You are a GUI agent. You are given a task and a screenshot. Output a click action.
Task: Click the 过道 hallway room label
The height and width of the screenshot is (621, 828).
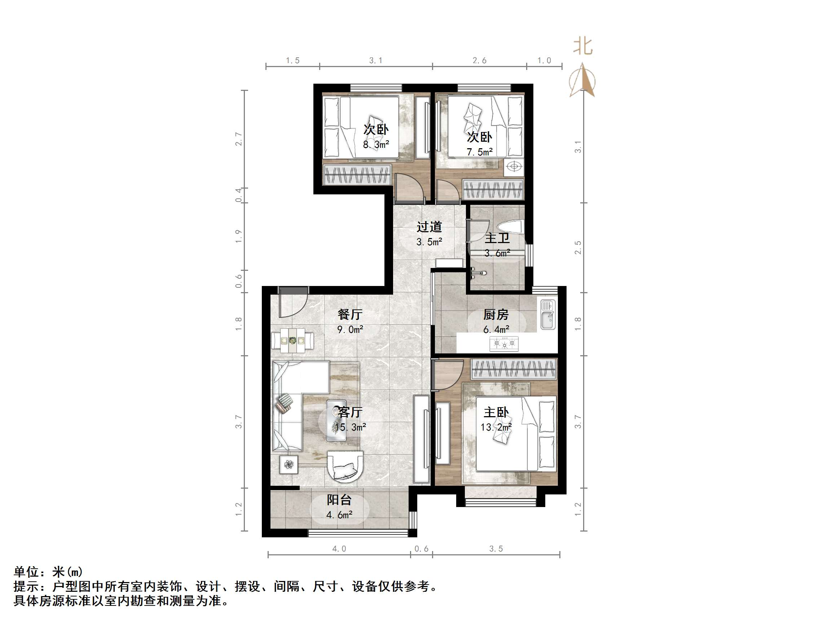(429, 227)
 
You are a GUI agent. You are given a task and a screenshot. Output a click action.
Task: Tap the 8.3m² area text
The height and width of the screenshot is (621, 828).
(376, 145)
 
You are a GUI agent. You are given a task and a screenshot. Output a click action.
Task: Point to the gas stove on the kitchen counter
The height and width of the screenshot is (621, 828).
(504, 344)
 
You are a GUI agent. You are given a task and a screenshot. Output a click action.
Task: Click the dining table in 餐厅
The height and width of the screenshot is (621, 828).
(293, 341)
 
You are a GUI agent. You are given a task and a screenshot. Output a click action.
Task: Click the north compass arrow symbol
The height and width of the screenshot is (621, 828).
(582, 80)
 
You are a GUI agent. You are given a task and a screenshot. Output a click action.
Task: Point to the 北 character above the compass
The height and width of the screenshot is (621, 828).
(583, 47)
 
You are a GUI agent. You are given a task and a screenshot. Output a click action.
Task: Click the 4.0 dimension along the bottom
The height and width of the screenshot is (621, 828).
(339, 549)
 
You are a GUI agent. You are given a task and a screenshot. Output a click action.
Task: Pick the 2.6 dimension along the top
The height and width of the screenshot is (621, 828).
(480, 61)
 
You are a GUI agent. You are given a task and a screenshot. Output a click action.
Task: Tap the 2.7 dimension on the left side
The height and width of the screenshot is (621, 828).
(238, 139)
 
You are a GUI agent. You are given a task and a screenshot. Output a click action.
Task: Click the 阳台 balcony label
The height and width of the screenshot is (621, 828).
(339, 500)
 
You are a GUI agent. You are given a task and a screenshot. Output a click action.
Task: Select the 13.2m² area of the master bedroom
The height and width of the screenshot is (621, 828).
(496, 427)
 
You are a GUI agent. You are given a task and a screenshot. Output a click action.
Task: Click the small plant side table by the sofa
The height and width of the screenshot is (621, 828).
(289, 464)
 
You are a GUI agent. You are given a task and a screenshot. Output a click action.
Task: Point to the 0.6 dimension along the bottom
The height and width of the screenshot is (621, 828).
(422, 549)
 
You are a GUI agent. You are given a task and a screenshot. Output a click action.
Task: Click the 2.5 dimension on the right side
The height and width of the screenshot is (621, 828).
(578, 247)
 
